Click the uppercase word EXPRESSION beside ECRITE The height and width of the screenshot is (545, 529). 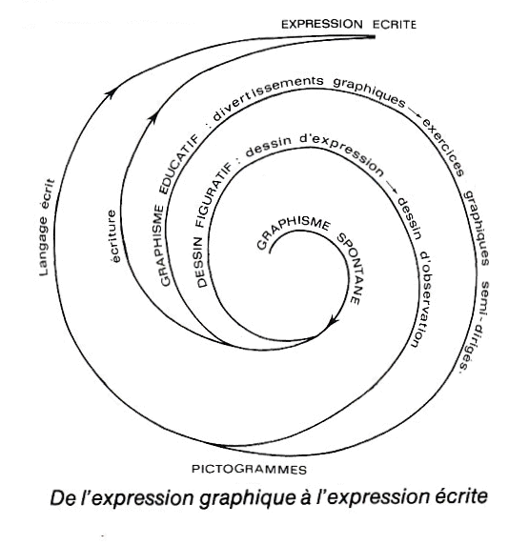(x=322, y=25)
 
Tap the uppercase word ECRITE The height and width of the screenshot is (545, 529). (x=395, y=25)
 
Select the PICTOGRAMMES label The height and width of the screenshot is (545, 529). (x=249, y=469)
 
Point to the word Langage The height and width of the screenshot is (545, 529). (x=43, y=247)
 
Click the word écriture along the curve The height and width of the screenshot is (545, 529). (x=113, y=236)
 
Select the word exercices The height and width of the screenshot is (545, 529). (x=444, y=147)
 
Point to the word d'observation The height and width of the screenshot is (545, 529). (x=421, y=299)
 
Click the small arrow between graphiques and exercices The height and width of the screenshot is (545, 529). (x=415, y=112)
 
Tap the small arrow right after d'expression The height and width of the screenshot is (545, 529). (x=392, y=186)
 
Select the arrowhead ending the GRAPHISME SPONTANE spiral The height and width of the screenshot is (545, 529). (x=333, y=320)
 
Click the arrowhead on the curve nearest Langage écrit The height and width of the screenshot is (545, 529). (x=111, y=92)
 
